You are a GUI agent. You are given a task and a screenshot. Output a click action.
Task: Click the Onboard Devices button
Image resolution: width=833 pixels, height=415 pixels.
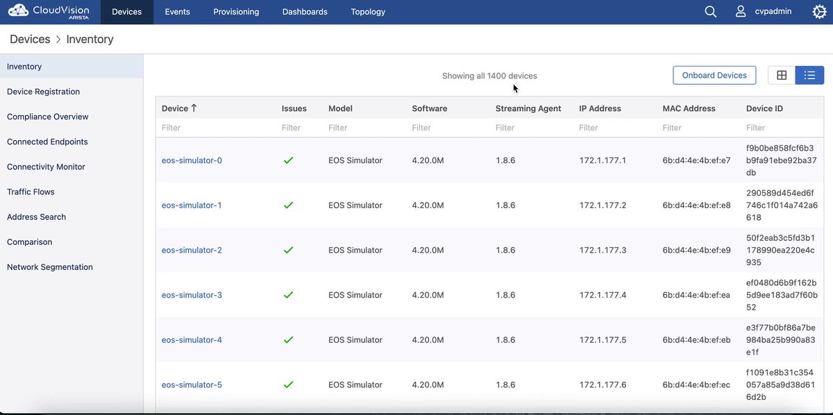[x=714, y=76]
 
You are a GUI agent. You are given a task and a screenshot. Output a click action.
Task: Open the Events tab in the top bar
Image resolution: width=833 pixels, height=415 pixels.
[x=178, y=12]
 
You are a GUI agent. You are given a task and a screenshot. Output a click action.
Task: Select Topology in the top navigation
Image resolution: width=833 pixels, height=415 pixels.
[x=368, y=12]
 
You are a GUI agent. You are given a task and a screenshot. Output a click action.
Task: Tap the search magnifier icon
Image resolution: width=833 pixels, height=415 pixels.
[x=710, y=12]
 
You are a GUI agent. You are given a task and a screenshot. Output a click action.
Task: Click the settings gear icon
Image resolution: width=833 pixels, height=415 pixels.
[x=819, y=12]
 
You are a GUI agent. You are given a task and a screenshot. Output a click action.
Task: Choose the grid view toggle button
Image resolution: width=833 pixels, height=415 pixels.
[x=782, y=76]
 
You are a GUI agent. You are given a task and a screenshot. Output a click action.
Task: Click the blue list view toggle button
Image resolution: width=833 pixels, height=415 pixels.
[x=809, y=76]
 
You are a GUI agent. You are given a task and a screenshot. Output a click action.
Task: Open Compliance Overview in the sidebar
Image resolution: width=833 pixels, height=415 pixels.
[x=48, y=117]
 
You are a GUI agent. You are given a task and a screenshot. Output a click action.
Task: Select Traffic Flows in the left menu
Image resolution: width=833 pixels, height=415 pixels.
[x=31, y=192]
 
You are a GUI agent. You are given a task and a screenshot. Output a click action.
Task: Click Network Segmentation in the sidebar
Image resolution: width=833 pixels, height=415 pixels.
[x=50, y=267]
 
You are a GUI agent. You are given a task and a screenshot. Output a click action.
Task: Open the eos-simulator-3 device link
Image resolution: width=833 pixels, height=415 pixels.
[x=192, y=295]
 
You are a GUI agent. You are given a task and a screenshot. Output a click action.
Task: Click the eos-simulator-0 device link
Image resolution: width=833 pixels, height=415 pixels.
[x=192, y=160]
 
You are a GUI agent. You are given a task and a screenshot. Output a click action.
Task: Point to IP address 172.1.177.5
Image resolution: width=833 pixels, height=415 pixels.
[x=603, y=340]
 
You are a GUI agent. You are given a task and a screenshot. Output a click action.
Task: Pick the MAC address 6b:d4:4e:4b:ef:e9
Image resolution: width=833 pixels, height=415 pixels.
[x=696, y=250]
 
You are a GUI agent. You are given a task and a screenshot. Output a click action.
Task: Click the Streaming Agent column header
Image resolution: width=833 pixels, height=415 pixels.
[x=528, y=108]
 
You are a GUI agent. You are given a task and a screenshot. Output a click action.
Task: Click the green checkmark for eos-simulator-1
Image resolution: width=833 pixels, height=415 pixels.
[x=288, y=205]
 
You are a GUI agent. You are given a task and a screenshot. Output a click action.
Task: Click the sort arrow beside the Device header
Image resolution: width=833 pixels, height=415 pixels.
[x=194, y=108]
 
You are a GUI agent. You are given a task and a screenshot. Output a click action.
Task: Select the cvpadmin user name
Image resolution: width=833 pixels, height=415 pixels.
[x=773, y=12]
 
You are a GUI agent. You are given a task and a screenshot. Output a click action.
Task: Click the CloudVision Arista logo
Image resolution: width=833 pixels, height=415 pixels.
[x=49, y=12]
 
